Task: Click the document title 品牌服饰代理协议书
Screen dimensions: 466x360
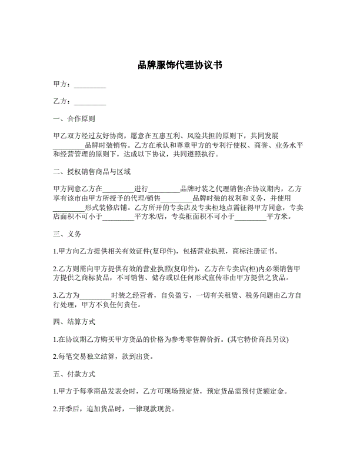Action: pos(179,64)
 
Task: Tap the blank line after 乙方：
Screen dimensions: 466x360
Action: pos(90,102)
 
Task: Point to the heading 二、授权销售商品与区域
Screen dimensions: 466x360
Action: pos(91,172)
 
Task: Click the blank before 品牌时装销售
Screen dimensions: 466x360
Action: pos(69,145)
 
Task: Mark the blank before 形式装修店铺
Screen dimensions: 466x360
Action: pos(69,207)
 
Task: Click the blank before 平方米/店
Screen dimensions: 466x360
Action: pos(118,217)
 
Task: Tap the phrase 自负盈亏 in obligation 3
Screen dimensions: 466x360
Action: pos(175,295)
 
